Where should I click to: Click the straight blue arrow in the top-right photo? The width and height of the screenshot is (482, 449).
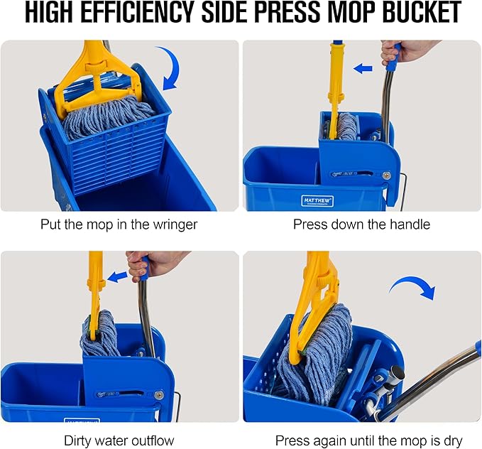point(363,69)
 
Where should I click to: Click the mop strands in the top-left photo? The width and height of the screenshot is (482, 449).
point(106,117)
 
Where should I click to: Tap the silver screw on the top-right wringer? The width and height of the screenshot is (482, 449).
point(386,175)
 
